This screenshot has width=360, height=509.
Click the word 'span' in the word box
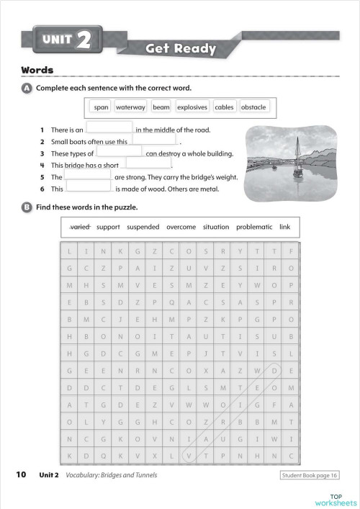click(102, 107)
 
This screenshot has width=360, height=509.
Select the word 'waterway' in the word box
click(130, 107)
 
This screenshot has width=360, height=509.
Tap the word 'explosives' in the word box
click(192, 107)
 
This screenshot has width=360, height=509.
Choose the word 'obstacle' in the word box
click(253, 107)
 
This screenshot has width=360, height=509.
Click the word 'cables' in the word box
click(224, 107)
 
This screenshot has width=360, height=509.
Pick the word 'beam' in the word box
click(161, 107)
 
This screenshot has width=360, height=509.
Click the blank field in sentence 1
click(109, 130)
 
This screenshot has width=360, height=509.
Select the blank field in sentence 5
click(88, 176)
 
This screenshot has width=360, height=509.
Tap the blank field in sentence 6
click(89, 188)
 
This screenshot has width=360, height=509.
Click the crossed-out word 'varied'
click(79, 228)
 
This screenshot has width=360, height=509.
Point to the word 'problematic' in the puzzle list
click(254, 228)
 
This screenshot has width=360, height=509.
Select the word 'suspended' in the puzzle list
click(143, 228)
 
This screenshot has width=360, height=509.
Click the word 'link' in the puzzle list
click(284, 228)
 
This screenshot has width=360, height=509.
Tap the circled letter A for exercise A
click(27, 88)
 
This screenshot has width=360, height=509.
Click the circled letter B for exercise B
click(27, 207)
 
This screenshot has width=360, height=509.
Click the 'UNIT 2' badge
click(66, 40)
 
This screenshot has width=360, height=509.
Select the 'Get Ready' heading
click(181, 49)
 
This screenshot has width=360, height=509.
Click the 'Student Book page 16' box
click(310, 475)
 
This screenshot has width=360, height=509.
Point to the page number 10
click(21, 474)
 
